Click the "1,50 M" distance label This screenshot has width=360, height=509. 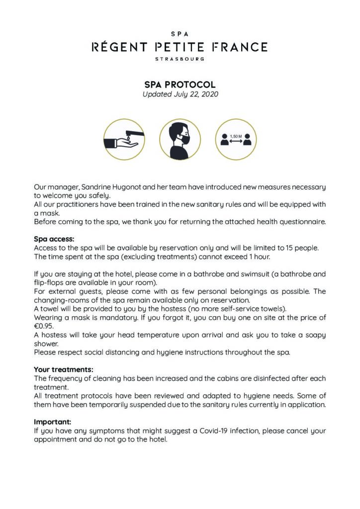(236, 135)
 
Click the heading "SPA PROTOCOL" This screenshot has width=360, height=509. (180, 85)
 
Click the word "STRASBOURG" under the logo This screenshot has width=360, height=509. (180, 59)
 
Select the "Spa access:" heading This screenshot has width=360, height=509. (54, 239)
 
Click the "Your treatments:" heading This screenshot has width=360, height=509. (64, 369)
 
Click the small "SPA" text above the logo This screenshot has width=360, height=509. (180, 34)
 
